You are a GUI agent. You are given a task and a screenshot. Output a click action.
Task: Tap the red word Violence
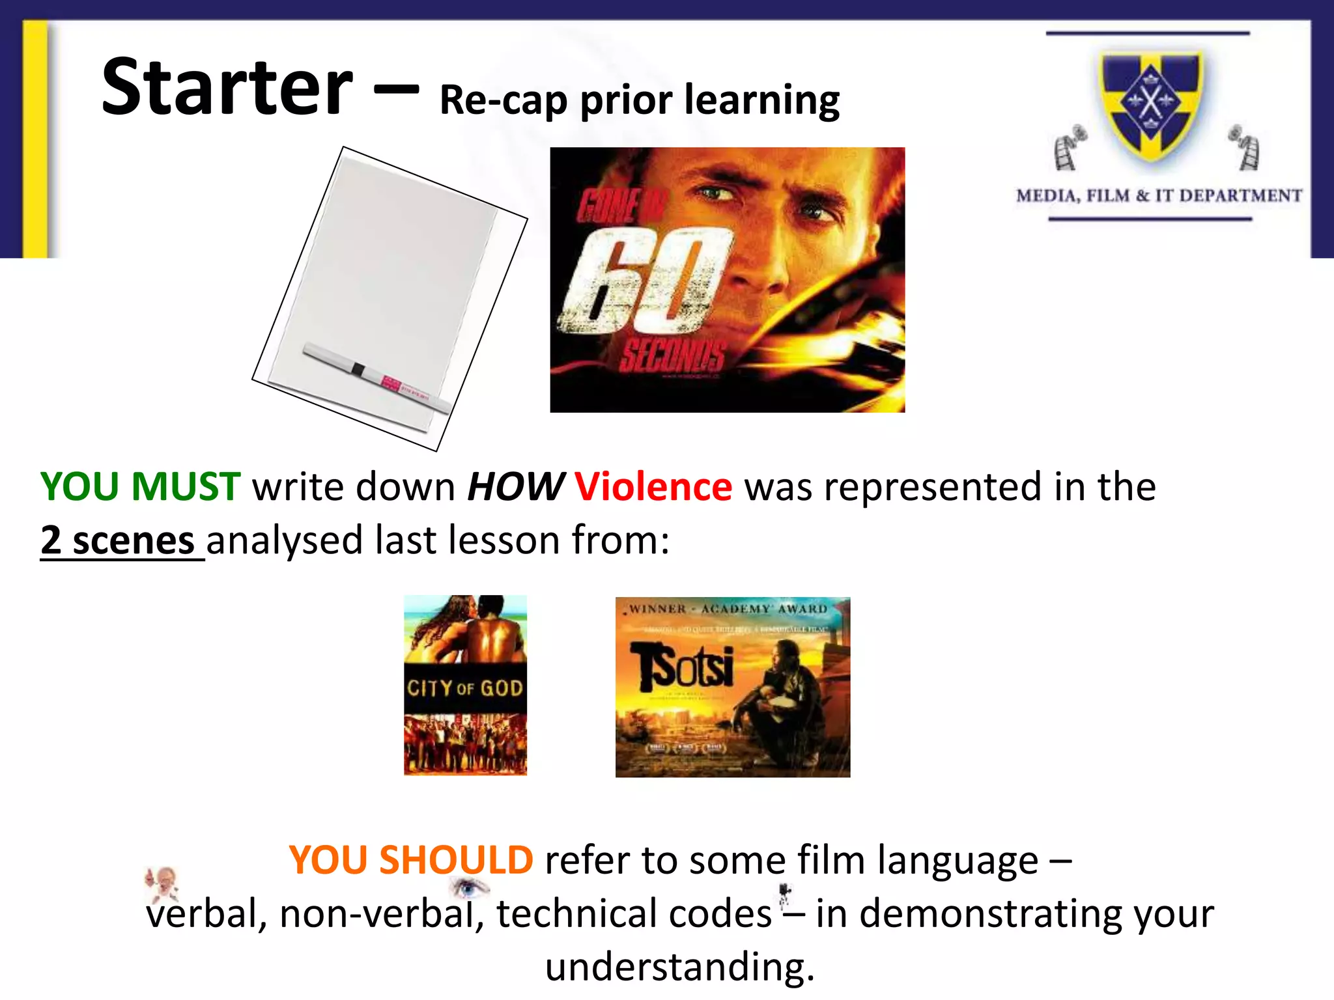[x=653, y=487]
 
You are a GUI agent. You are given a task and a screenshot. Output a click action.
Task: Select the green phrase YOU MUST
[x=140, y=487]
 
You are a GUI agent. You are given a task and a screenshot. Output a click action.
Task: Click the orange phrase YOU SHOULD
[x=411, y=860]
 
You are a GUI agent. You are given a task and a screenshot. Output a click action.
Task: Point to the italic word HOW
[x=515, y=487]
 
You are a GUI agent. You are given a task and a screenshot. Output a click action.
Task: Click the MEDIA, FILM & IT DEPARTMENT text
[x=1159, y=196]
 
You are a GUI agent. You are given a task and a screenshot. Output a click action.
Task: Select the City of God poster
[x=465, y=685]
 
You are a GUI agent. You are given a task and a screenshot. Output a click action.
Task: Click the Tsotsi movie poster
[x=732, y=687]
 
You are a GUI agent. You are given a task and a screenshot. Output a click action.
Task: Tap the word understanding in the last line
[x=679, y=967]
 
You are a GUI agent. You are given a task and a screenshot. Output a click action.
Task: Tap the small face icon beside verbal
[x=162, y=882]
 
